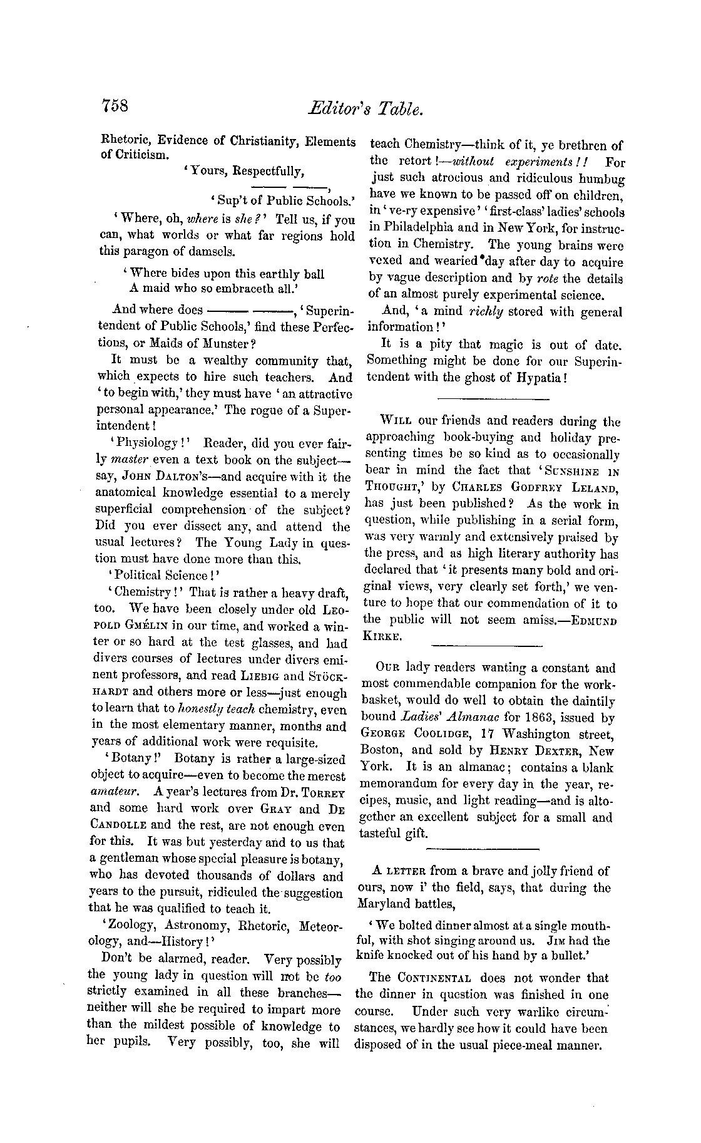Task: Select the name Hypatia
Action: click(x=539, y=378)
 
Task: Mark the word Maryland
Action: click(x=384, y=904)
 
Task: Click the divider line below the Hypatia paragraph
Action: click(x=493, y=398)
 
